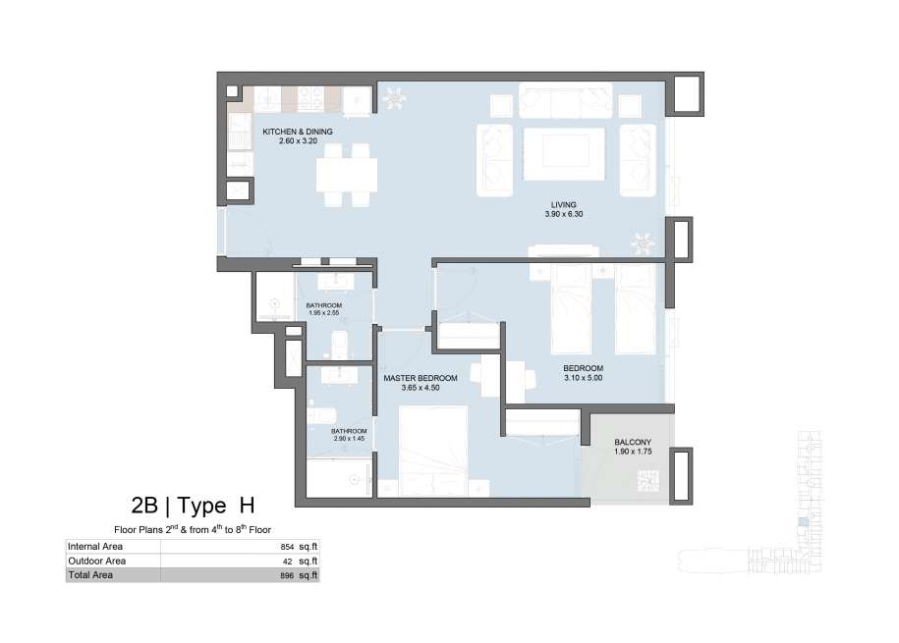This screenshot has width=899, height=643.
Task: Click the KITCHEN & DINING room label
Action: (298, 132)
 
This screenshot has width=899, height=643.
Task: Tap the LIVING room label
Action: (564, 204)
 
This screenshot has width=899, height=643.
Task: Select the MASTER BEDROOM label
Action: (421, 378)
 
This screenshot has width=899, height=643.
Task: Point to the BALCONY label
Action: (633, 443)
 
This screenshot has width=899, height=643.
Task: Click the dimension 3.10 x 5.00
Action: (583, 378)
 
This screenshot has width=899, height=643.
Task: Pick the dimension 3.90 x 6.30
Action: (564, 214)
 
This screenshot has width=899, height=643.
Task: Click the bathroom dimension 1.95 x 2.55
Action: (324, 313)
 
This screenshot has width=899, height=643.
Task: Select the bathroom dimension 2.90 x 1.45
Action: (349, 439)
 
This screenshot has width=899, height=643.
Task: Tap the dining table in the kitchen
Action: (347, 176)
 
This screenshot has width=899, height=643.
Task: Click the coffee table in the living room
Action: (564, 153)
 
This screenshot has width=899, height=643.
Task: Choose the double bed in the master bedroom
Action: (433, 451)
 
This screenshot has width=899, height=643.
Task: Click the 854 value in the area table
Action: (287, 548)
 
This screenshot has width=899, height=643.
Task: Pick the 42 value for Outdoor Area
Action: (287, 562)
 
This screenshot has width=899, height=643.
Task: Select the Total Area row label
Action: (90, 575)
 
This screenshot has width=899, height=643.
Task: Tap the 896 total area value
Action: (287, 576)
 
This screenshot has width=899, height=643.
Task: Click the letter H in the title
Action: (247, 505)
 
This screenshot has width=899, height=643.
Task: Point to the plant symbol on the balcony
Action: (648, 480)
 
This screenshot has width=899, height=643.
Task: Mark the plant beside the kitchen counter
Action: (394, 98)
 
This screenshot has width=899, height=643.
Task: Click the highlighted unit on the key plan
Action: (805, 521)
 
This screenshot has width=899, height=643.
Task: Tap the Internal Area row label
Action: (94, 547)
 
